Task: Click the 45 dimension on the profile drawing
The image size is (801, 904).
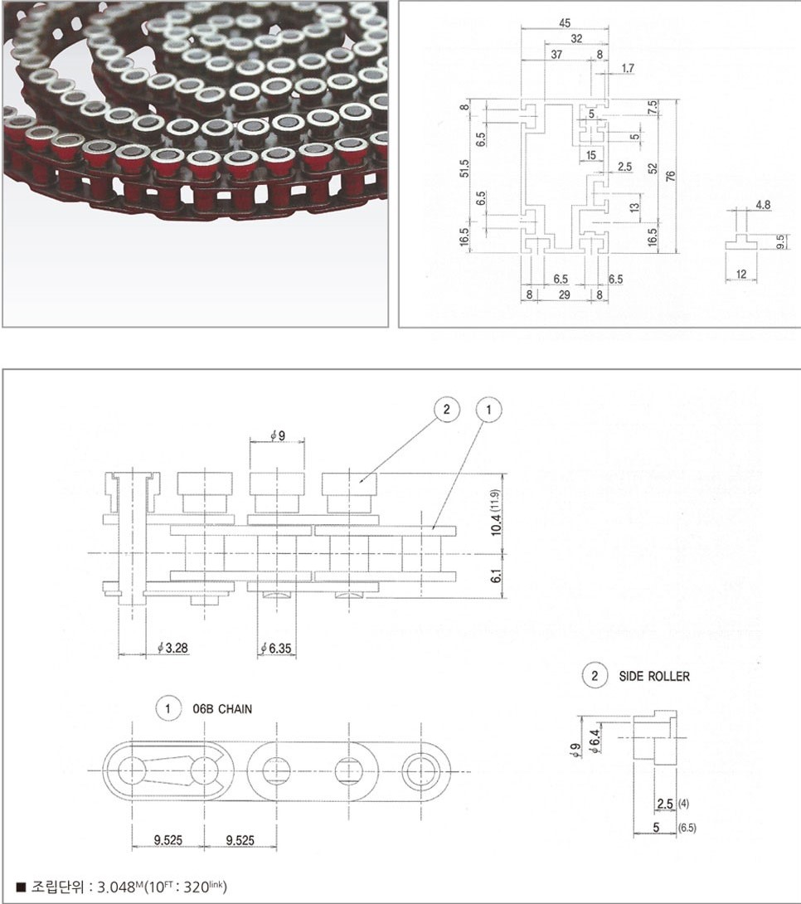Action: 565,23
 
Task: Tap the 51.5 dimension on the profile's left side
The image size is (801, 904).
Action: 465,168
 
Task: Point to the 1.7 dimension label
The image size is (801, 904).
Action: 628,68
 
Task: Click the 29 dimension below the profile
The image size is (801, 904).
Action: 564,294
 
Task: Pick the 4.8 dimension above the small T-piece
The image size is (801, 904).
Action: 763,205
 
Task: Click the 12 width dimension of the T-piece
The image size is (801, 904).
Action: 741,275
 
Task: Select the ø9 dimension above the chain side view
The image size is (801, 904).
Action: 278,435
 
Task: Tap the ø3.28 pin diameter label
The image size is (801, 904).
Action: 173,648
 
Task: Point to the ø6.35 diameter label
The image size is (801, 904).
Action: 276,648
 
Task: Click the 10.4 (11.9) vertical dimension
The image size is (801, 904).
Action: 496,513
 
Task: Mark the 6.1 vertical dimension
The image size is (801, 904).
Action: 497,576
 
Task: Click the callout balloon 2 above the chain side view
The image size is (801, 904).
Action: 447,410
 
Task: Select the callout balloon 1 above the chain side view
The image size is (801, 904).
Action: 488,410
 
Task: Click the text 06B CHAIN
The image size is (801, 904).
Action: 222,708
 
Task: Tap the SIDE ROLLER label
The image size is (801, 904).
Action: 654,676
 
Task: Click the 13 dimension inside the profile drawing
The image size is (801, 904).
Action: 635,207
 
